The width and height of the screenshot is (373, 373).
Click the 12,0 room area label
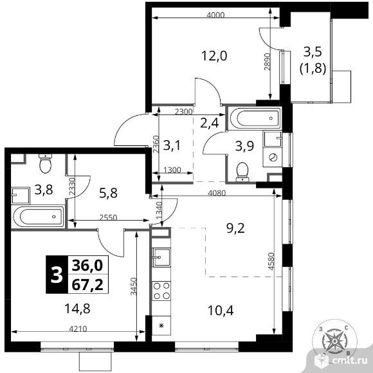(214, 56)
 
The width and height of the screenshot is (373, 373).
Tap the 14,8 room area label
(77, 309)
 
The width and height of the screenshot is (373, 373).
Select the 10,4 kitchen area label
(221, 311)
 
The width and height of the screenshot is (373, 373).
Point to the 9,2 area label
(235, 228)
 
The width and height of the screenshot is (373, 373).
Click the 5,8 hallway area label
(108, 193)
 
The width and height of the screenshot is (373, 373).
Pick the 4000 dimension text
(215, 15)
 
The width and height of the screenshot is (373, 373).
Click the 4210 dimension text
(78, 329)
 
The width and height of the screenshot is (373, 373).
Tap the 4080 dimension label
(217, 193)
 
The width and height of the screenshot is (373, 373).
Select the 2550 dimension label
(108, 217)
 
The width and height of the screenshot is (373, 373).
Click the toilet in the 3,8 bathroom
(45, 163)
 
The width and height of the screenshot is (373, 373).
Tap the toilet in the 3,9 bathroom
(242, 172)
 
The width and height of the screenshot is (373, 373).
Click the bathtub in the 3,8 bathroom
(39, 217)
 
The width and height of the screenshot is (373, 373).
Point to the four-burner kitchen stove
(161, 291)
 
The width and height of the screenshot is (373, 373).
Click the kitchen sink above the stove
(161, 257)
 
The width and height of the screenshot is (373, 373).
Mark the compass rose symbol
(334, 341)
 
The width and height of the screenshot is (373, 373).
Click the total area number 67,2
(87, 284)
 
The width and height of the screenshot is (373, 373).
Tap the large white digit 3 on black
(57, 275)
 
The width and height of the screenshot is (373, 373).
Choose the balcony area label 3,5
(313, 52)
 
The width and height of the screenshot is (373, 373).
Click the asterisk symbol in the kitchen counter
(161, 325)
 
